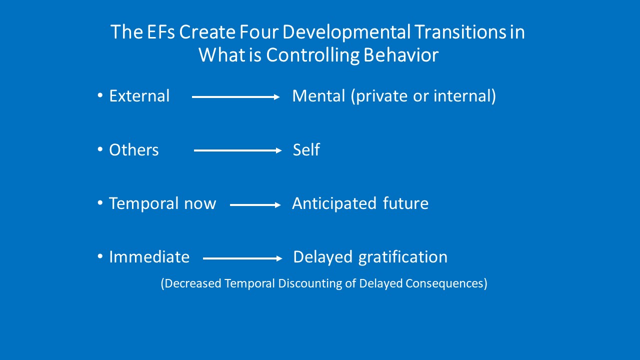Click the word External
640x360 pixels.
(139, 95)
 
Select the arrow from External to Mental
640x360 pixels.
(235, 97)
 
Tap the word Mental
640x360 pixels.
(318, 95)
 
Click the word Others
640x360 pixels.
(133, 149)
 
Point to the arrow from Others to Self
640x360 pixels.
(237, 150)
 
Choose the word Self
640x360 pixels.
(306, 149)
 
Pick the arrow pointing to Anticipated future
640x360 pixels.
(255, 205)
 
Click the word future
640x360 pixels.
(405, 203)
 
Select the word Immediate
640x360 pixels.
(149, 257)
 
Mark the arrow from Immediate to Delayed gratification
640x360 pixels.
(242, 258)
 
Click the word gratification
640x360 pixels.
(403, 257)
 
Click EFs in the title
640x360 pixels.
(160, 31)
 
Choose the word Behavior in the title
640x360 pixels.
(401, 55)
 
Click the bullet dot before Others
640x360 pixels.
(100, 149)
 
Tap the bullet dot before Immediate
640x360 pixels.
(100, 256)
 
